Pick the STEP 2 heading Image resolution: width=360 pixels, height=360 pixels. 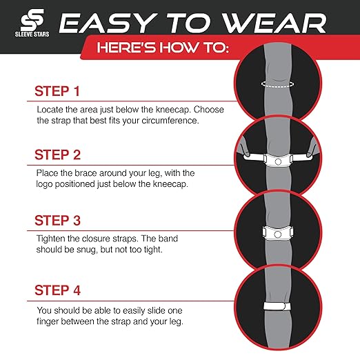tap(62, 154)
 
